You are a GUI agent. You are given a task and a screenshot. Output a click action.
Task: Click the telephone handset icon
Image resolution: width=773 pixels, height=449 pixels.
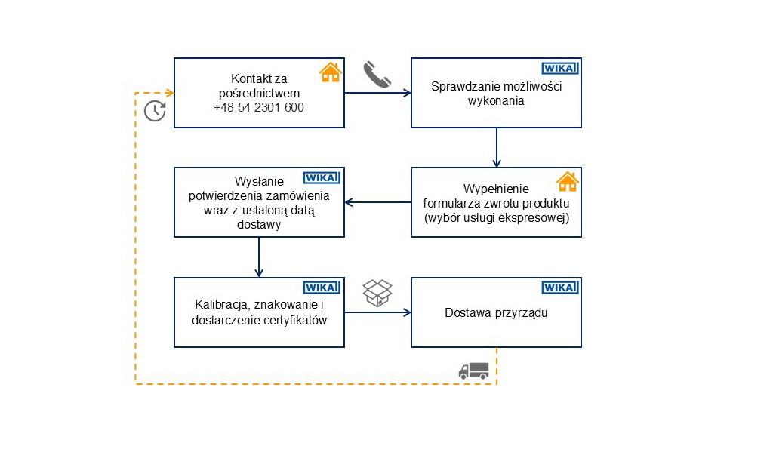click(x=377, y=75)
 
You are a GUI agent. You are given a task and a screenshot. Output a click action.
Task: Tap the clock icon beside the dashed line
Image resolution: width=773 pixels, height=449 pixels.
click(x=155, y=110)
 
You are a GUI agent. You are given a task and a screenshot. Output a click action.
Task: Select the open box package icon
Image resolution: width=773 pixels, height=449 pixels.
click(x=377, y=293)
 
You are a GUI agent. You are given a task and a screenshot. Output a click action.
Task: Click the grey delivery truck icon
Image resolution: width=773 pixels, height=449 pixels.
click(x=473, y=370)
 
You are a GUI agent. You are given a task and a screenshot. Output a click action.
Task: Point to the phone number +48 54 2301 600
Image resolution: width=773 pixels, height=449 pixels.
click(x=259, y=107)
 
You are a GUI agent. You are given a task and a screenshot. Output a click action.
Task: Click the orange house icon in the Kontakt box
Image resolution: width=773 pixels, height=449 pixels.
click(x=330, y=72)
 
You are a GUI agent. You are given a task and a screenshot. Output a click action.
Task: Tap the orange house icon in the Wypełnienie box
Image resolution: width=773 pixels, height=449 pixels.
click(x=567, y=182)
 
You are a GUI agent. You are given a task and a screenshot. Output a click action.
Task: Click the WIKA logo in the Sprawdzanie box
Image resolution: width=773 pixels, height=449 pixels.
click(x=560, y=68)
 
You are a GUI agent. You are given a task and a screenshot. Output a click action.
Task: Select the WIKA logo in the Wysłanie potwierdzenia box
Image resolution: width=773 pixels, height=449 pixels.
click(x=322, y=177)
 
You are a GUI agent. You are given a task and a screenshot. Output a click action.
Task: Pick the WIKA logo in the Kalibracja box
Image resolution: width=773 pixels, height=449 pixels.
click(x=322, y=287)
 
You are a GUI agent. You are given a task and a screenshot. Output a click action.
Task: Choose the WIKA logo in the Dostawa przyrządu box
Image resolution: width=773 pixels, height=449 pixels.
click(x=560, y=287)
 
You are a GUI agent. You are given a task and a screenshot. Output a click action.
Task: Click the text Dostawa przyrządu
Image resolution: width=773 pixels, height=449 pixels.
click(x=496, y=312)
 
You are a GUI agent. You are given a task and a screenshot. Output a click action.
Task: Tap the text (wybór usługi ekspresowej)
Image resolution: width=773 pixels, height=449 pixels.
click(x=496, y=217)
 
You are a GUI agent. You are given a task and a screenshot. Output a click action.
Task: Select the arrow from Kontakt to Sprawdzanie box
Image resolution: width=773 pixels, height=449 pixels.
click(x=377, y=93)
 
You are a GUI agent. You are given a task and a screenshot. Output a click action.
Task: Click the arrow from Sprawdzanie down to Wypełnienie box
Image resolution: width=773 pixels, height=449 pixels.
click(x=496, y=147)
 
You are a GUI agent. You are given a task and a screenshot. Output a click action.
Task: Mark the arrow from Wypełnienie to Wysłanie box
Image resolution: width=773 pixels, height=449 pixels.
click(x=377, y=202)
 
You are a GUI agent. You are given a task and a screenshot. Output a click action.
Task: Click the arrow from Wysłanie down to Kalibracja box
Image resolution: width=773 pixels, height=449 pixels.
click(x=259, y=257)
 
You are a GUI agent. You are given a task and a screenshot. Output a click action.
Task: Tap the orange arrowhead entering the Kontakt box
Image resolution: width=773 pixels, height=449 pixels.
click(x=170, y=93)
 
